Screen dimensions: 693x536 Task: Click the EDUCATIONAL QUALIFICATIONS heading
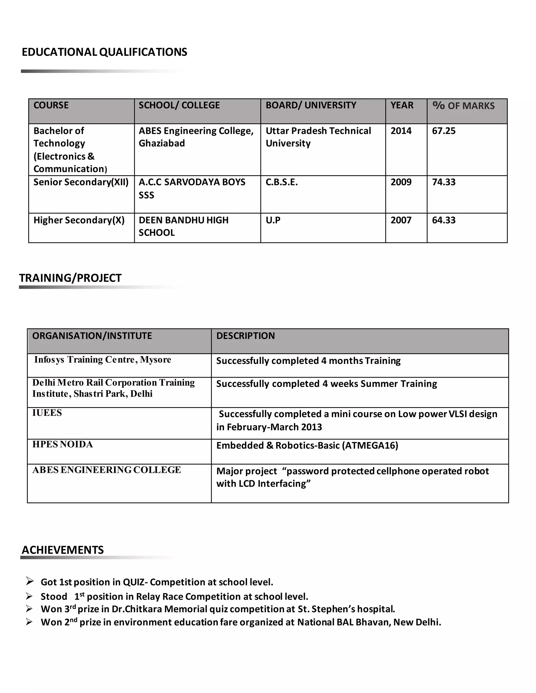[x=104, y=52]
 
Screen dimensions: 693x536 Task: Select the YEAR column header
[x=402, y=105]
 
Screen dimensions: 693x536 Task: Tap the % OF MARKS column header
[x=463, y=106]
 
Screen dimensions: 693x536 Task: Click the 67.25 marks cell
[x=444, y=131]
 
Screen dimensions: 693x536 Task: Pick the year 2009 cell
[x=401, y=182]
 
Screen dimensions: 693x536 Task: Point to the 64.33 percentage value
[x=444, y=220]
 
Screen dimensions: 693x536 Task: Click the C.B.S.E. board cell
[x=282, y=182]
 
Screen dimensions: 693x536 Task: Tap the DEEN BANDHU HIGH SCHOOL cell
[x=183, y=226]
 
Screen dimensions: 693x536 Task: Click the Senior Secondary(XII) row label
[x=81, y=182]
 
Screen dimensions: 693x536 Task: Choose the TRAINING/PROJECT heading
[x=70, y=278]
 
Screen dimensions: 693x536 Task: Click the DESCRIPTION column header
[x=245, y=336]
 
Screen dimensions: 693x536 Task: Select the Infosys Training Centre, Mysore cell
[x=103, y=360]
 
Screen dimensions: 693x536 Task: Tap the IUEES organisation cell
[x=47, y=413]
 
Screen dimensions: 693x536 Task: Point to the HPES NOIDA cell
[x=63, y=444]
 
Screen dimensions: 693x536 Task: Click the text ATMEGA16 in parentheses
[x=370, y=446]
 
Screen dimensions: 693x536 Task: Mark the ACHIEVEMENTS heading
[x=63, y=550]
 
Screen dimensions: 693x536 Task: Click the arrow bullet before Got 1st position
[x=30, y=581]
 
